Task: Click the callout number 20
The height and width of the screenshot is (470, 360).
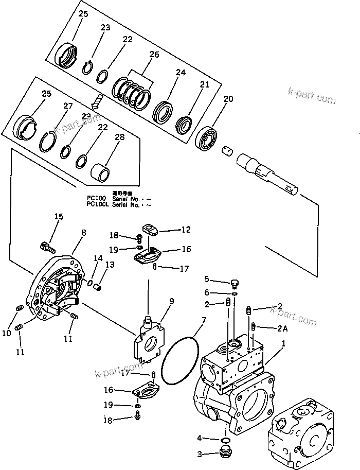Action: click(228, 98)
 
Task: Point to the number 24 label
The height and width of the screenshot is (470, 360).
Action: click(181, 73)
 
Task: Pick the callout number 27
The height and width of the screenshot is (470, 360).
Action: click(67, 107)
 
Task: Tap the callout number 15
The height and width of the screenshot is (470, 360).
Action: click(59, 217)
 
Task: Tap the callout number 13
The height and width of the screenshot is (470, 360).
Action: click(110, 264)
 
